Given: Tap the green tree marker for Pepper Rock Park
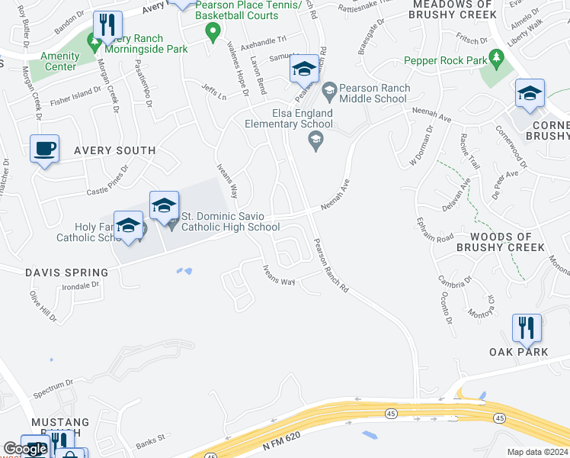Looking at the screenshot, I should point(497,57).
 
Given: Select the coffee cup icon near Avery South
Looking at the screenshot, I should point(44,148).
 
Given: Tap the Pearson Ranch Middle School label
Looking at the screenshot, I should point(373,93).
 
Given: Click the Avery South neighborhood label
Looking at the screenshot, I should point(114,151).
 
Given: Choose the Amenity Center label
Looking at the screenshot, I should point(59,62).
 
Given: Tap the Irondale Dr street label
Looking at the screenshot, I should point(80,286).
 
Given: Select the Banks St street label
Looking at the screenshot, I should point(150,443).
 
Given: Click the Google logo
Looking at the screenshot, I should point(25,450).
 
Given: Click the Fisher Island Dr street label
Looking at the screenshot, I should point(75,95).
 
